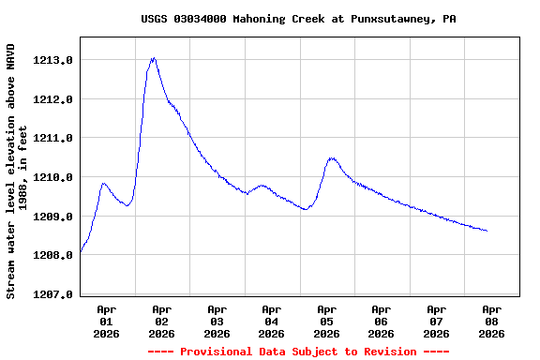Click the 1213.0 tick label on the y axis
coord(53,60)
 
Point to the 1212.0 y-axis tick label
coord(53,99)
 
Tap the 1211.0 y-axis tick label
coord(53,138)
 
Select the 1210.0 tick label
coord(53,177)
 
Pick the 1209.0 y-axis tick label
coord(53,217)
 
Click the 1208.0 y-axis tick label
coord(53,255)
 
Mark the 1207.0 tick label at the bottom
coord(53,294)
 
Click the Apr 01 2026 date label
coord(107,321)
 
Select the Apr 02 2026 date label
coord(161,321)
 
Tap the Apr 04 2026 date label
coord(271,321)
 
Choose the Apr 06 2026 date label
coord(381,321)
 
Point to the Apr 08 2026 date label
coord(490,321)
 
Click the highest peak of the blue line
coord(153,58)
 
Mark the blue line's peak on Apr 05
coord(331,158)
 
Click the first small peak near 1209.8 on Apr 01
coord(103,184)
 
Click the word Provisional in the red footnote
coord(217,352)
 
